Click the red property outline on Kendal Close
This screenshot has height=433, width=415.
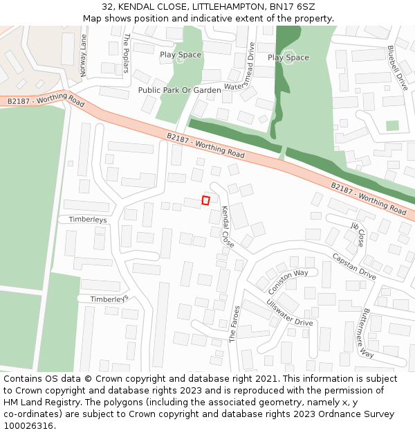[x=205, y=200]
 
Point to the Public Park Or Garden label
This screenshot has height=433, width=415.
[x=179, y=90]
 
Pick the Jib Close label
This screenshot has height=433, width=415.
[x=358, y=234]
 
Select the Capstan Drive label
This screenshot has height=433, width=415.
[x=353, y=266]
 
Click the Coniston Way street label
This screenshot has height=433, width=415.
[x=288, y=281]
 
